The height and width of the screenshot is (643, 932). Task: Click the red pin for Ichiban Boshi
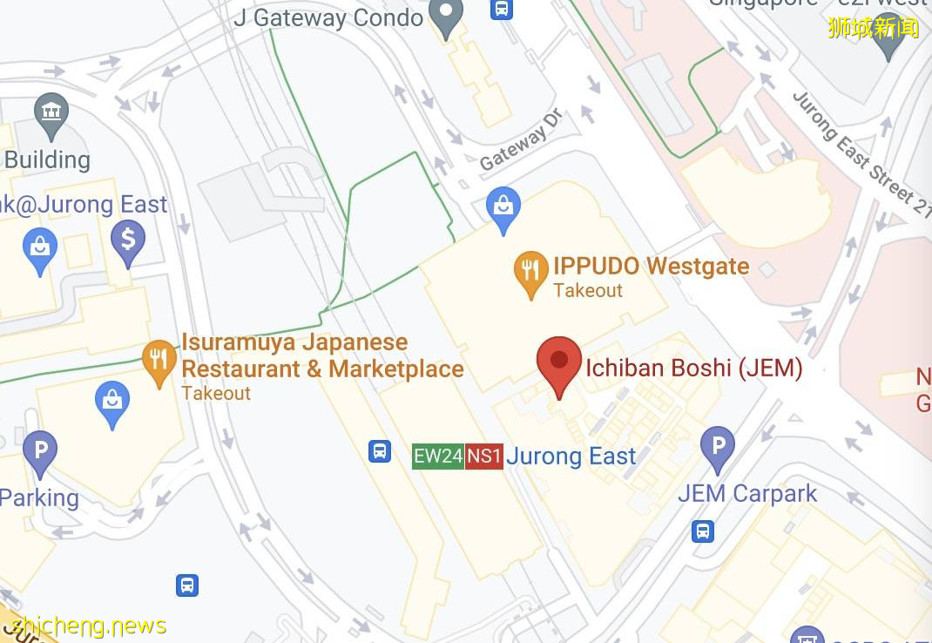[559, 363]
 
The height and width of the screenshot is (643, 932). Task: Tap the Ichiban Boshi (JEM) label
[693, 369]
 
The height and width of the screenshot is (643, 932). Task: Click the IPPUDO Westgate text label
[651, 266]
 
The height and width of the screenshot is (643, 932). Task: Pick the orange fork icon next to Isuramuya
[159, 362]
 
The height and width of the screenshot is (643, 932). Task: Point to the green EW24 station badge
[437, 456]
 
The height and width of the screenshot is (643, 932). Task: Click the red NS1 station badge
[484, 456]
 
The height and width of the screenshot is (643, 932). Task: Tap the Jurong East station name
[571, 456]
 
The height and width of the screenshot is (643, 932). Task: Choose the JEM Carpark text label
[747, 493]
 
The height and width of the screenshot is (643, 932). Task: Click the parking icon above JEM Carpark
[718, 448]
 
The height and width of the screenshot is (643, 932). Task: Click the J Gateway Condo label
[328, 17]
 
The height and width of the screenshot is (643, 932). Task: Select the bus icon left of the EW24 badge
[380, 450]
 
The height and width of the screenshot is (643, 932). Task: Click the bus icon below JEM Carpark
[703, 531]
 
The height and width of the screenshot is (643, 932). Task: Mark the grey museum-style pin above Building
[51, 114]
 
